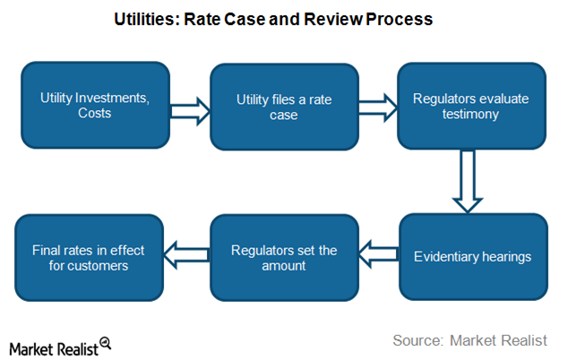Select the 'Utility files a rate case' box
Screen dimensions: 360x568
pyautogui.click(x=283, y=105)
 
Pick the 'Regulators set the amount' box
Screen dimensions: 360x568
pyautogui.click(x=283, y=256)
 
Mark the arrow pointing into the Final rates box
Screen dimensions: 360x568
pyautogui.click(x=188, y=254)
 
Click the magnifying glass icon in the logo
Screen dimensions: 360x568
pyautogui.click(x=105, y=342)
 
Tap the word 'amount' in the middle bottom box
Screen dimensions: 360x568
pyautogui.click(x=283, y=265)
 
